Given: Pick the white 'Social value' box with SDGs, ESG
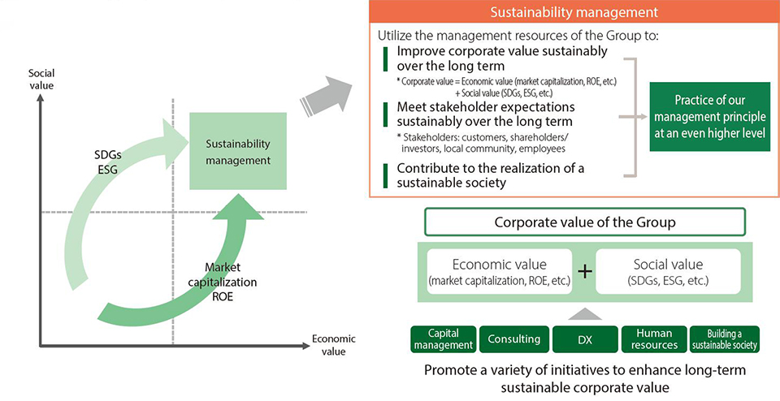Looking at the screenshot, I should [668, 272].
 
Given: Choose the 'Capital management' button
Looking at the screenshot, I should [442, 339].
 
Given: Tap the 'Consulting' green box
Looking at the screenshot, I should [513, 339].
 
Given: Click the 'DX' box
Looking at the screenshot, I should [583, 339].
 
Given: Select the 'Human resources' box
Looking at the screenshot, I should [654, 339].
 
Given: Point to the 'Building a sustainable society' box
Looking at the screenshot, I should [724, 339].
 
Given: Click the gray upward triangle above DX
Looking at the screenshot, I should [583, 313].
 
